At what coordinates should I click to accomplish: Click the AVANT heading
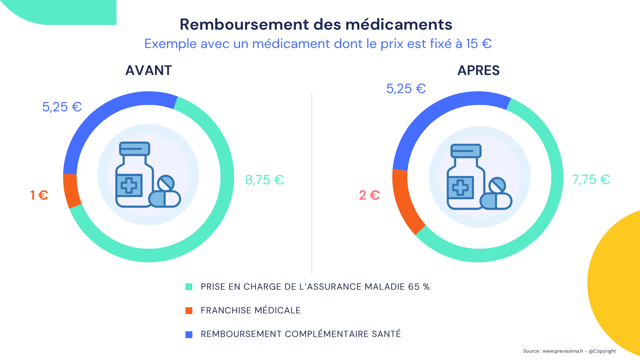(148, 71)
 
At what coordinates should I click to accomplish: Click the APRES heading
(478, 71)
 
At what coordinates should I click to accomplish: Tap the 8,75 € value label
(264, 180)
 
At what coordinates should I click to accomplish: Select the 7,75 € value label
(591, 180)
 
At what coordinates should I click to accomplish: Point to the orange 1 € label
(39, 195)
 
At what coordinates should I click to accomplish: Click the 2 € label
(369, 195)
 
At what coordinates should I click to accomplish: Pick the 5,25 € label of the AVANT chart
(62, 107)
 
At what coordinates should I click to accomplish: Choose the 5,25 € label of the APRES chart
(406, 89)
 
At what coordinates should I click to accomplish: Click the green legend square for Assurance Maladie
(189, 287)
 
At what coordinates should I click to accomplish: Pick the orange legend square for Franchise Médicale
(189, 311)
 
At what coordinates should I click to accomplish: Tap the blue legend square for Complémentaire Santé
(189, 334)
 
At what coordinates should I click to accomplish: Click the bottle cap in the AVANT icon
(135, 149)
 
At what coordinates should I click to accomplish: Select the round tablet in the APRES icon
(497, 185)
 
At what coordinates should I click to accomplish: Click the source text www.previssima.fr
(563, 351)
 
